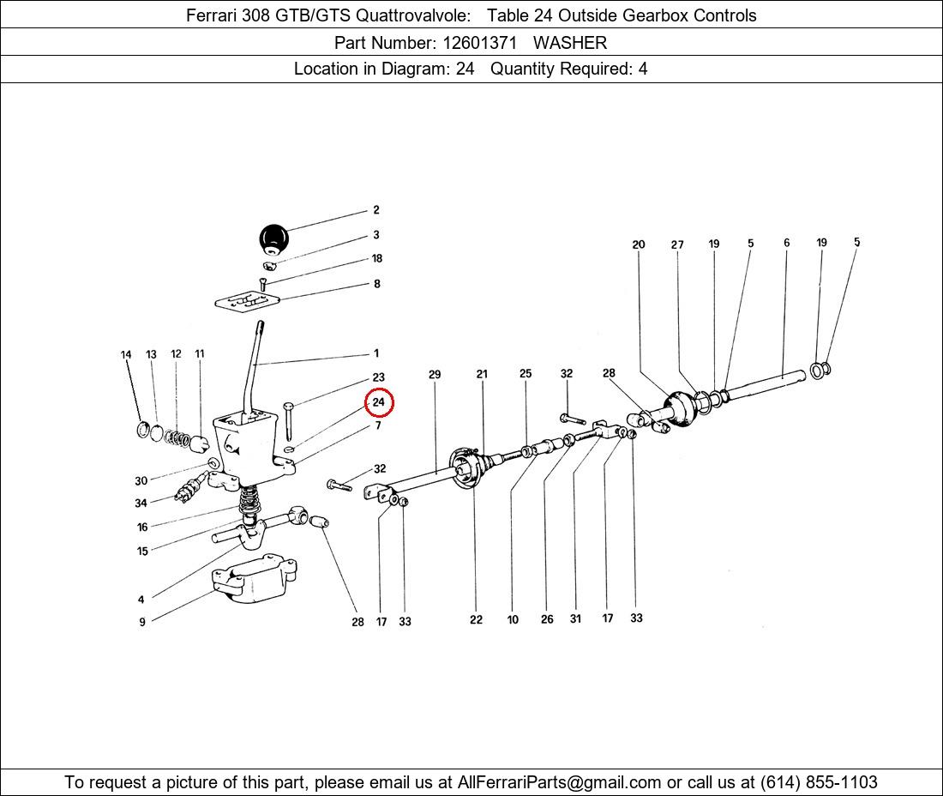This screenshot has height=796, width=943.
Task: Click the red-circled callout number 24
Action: click(x=378, y=402)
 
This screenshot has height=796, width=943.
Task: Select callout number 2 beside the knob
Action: click(x=375, y=210)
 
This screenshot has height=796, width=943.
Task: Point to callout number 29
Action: click(x=435, y=374)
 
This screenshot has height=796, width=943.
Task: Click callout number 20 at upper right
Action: click(x=638, y=244)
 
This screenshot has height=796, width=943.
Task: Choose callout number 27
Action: click(x=677, y=244)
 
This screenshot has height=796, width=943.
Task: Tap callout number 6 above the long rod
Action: click(x=787, y=243)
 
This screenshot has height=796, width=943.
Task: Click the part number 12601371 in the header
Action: click(x=479, y=43)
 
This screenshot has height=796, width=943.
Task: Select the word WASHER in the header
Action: click(x=570, y=43)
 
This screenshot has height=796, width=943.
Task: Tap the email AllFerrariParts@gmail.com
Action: click(x=559, y=782)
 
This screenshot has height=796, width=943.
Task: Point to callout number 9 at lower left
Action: click(x=142, y=622)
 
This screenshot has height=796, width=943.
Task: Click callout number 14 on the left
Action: click(x=126, y=354)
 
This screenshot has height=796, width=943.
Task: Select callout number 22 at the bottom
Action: click(x=476, y=619)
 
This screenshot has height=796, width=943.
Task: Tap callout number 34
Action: click(x=141, y=503)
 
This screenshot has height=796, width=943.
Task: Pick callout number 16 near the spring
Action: click(x=142, y=527)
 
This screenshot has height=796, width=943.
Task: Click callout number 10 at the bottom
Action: click(x=513, y=619)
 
